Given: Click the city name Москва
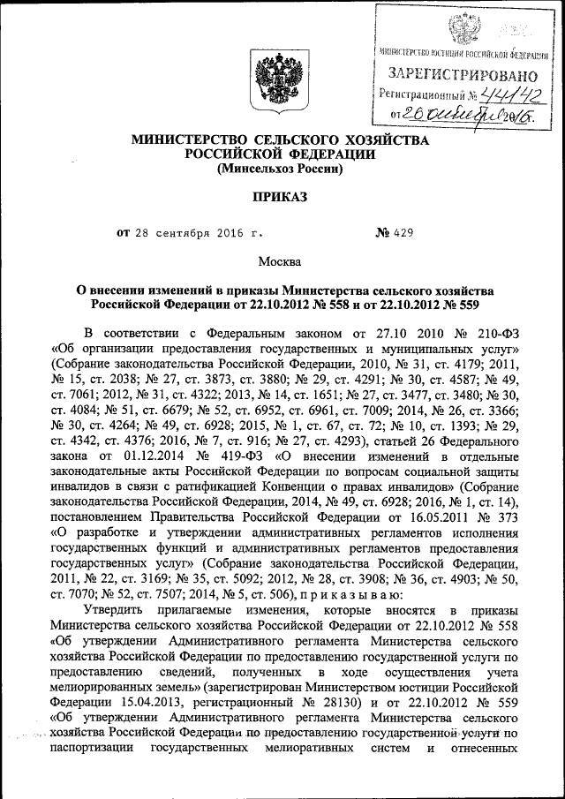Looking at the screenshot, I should (279, 261).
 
